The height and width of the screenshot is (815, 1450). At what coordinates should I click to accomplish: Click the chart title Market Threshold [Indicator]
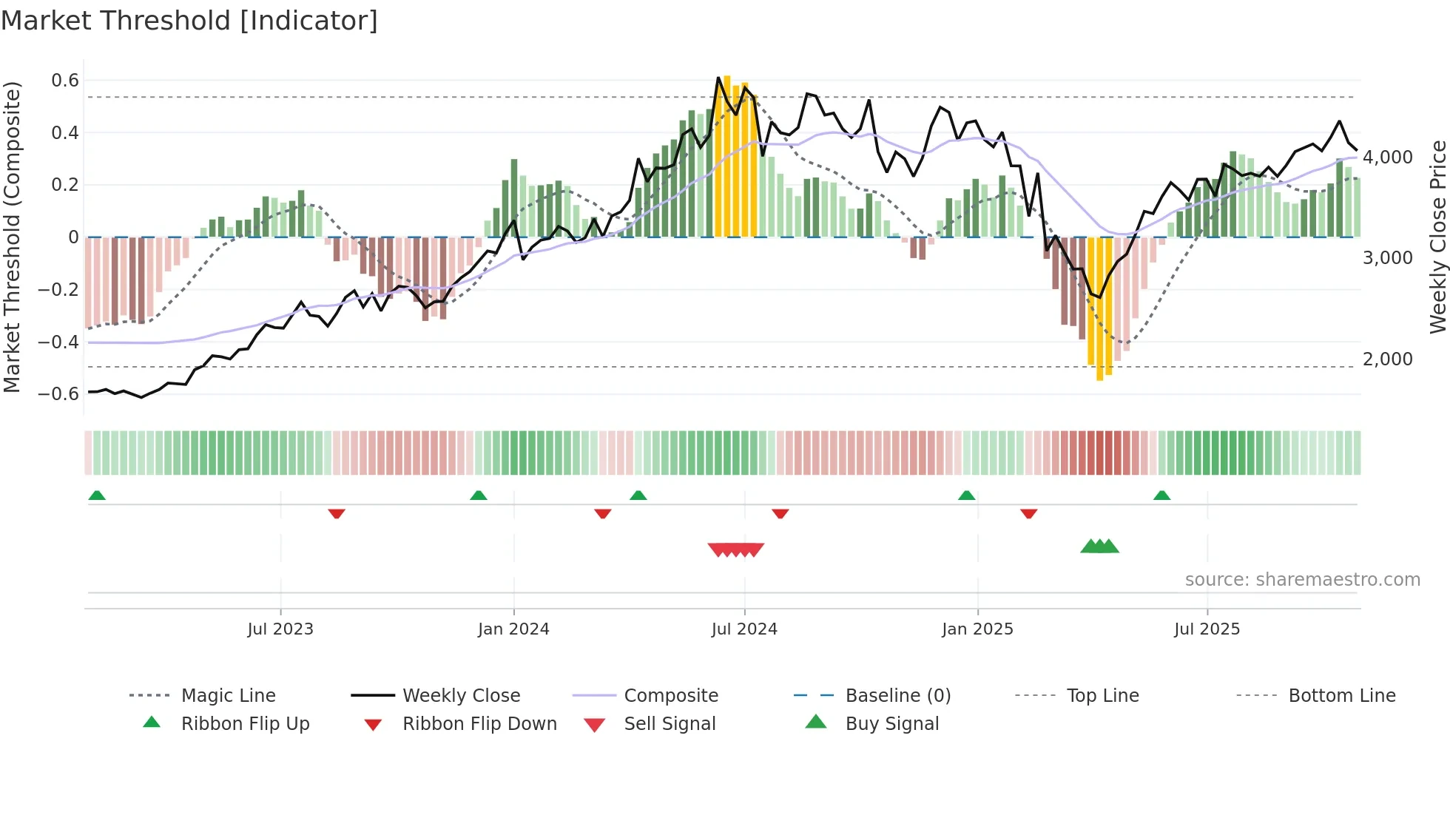coord(189,21)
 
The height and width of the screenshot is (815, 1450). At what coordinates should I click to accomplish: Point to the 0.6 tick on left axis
coord(65,80)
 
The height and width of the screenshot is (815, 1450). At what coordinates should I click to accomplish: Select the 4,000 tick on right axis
coord(1388,157)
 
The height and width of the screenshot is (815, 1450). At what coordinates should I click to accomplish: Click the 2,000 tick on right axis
coord(1388,359)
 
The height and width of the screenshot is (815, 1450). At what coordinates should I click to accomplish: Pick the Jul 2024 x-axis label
coord(744,629)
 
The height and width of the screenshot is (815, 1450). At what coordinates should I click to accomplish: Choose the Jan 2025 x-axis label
coord(977,629)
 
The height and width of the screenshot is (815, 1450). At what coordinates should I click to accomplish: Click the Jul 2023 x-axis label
coord(280,629)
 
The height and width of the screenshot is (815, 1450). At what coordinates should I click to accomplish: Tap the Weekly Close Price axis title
coord(1437,237)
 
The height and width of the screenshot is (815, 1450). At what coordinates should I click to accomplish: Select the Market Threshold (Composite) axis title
coord(12,237)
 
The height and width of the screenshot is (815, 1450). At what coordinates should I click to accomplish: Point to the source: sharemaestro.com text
coord(1302,580)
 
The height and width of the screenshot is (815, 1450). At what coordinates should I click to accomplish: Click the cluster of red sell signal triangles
coord(735,549)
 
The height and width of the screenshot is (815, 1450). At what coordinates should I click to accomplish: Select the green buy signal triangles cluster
coord(1099,547)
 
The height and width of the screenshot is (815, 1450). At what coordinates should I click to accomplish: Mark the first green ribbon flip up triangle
coord(97,496)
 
